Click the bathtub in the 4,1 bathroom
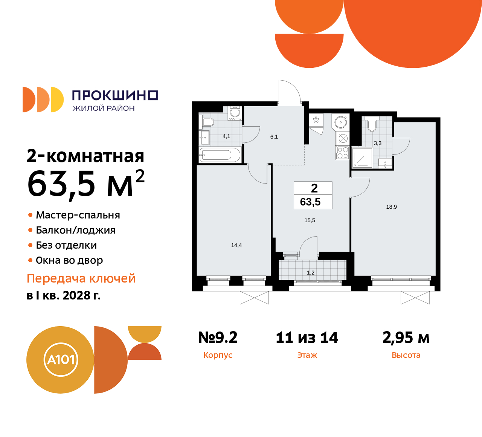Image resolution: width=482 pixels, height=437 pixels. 220,155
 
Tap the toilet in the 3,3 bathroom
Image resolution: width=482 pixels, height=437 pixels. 372,125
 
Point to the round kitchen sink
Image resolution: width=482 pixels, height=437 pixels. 341,122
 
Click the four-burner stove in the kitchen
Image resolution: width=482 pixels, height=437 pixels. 342,153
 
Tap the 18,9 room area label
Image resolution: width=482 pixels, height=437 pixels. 391,207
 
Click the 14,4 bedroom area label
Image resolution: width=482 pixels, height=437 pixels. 236,245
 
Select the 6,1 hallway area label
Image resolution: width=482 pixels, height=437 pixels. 274,137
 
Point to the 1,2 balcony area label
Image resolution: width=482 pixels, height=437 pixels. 311,273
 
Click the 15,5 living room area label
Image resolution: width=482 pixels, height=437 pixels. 310,220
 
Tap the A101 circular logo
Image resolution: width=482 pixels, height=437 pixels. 61,360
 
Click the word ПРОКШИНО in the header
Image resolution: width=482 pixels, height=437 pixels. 115,95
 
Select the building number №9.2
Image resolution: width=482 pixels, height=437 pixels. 218,338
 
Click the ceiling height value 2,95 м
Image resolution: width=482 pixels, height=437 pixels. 406,338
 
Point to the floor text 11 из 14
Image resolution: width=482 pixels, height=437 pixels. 307,338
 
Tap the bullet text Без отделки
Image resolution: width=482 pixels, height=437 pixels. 66,245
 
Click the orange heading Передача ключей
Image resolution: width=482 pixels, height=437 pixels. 81,278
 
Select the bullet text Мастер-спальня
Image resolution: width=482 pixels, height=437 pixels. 78,215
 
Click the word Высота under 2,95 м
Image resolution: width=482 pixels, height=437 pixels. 406,355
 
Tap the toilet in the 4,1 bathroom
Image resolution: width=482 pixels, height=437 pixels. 207,122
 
